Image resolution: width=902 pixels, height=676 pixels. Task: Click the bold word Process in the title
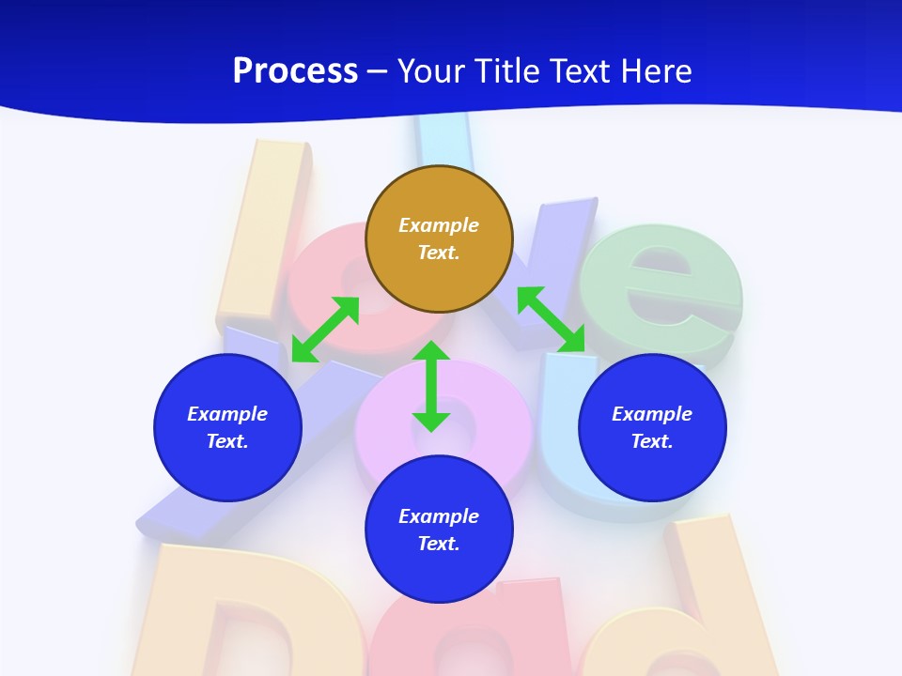[295, 71]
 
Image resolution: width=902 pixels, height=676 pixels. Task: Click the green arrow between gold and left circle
[325, 330]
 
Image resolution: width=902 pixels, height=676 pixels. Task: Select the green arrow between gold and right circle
[552, 319]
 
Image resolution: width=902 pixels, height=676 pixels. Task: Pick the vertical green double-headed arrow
[431, 386]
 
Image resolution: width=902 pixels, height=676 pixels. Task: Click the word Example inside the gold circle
[439, 225]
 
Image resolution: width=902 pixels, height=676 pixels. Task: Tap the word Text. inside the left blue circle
[227, 441]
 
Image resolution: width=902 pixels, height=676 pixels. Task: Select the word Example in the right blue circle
[652, 414]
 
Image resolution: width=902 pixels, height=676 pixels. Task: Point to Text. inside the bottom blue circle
[439, 544]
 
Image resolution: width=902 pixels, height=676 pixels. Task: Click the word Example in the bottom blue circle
[439, 516]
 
